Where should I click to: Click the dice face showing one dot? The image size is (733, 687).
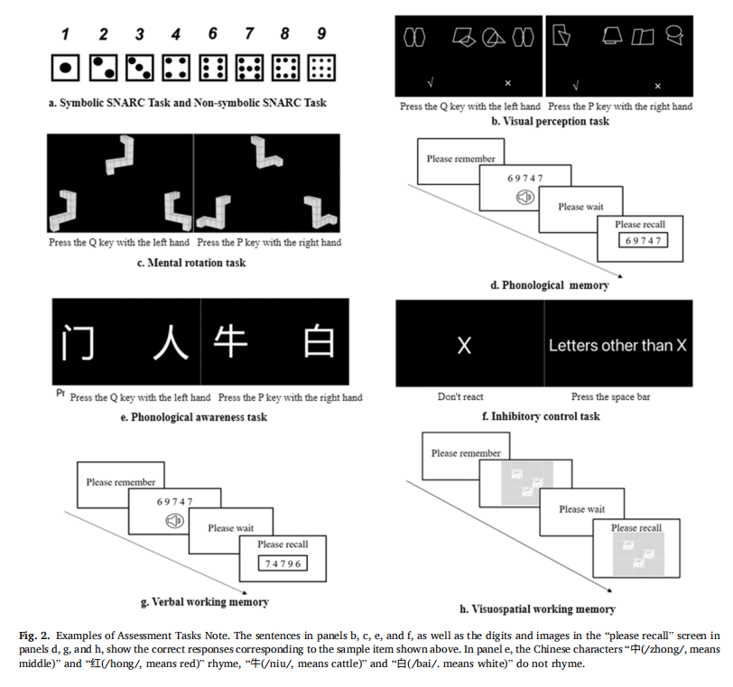coord(65,68)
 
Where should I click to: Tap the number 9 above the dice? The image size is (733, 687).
coord(321,33)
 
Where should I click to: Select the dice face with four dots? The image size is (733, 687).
coord(176,68)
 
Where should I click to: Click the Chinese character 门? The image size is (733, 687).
coord(78,342)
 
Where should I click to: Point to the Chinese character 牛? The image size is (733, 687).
coord(230,340)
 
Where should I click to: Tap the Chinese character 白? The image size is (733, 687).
coord(319,340)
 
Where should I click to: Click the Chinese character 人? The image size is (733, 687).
coord(172,342)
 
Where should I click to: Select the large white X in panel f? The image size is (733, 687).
coord(464,346)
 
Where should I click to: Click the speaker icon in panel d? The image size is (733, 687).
coord(525,197)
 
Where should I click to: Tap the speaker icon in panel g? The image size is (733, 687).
coord(175,520)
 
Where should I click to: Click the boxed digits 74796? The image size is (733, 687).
coord(283,563)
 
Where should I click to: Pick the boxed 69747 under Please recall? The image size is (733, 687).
coord(644,240)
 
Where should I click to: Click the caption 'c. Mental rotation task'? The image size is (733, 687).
coord(191,263)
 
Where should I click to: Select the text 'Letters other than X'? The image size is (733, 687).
coord(617,346)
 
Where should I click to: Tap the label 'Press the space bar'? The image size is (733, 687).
coord(610,397)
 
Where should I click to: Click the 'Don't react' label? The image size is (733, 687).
coord(460,397)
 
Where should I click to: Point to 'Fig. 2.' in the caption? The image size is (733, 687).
coord(34,636)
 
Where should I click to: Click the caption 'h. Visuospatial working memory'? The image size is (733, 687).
coord(538,609)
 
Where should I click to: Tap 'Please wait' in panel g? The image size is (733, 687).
coord(231,527)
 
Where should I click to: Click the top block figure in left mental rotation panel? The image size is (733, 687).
coord(120,155)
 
